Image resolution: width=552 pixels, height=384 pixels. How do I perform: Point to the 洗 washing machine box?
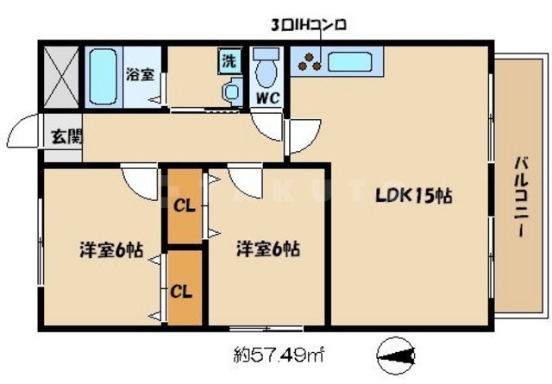229,60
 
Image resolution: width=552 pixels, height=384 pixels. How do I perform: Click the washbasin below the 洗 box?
231,91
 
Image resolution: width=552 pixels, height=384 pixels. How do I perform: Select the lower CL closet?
182,290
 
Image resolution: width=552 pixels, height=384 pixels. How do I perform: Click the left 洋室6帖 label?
110,250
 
